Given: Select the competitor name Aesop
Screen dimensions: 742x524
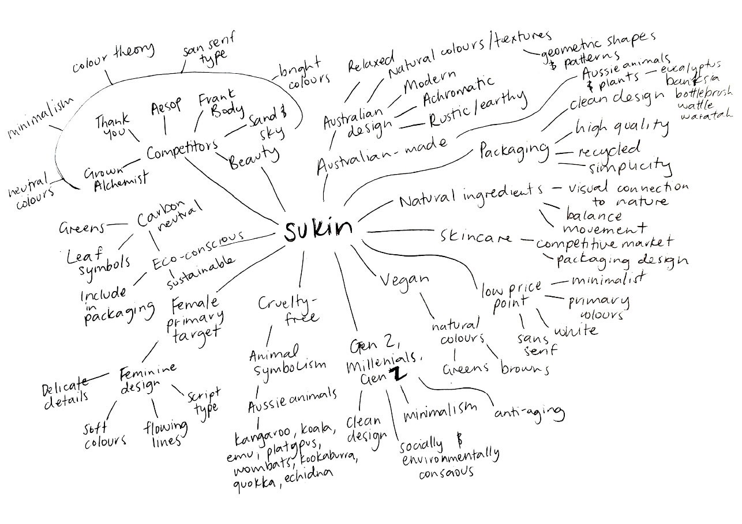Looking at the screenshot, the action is pyautogui.click(x=166, y=107).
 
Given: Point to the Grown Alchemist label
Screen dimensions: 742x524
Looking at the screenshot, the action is pyautogui.click(x=115, y=176).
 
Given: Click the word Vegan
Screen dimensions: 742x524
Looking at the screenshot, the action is pyautogui.click(x=404, y=279).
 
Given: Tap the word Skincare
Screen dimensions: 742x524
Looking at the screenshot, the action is pyautogui.click(x=477, y=236).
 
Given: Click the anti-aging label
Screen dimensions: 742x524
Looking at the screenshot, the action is pyautogui.click(x=529, y=412).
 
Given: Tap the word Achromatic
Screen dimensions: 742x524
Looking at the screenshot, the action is pyautogui.click(x=458, y=91).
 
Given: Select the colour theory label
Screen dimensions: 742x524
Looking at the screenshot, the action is pyautogui.click(x=114, y=58).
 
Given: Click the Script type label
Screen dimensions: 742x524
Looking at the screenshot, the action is pyautogui.click(x=203, y=401).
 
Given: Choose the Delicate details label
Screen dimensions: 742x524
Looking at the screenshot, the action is pyautogui.click(x=66, y=390).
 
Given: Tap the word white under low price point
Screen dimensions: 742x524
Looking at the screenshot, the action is pyautogui.click(x=575, y=331).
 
